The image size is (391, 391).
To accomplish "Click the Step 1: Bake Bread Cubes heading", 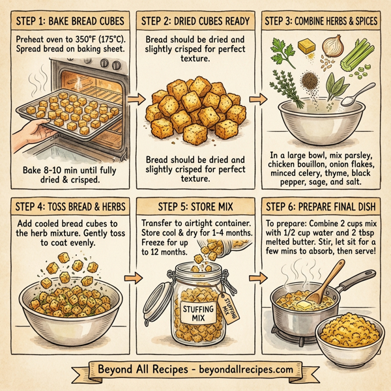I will pyautogui.click(x=66, y=22).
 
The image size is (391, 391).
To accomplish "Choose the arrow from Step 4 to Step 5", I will pyautogui.click(x=133, y=281).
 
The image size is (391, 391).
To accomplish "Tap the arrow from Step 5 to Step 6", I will pyautogui.click(x=257, y=281).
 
